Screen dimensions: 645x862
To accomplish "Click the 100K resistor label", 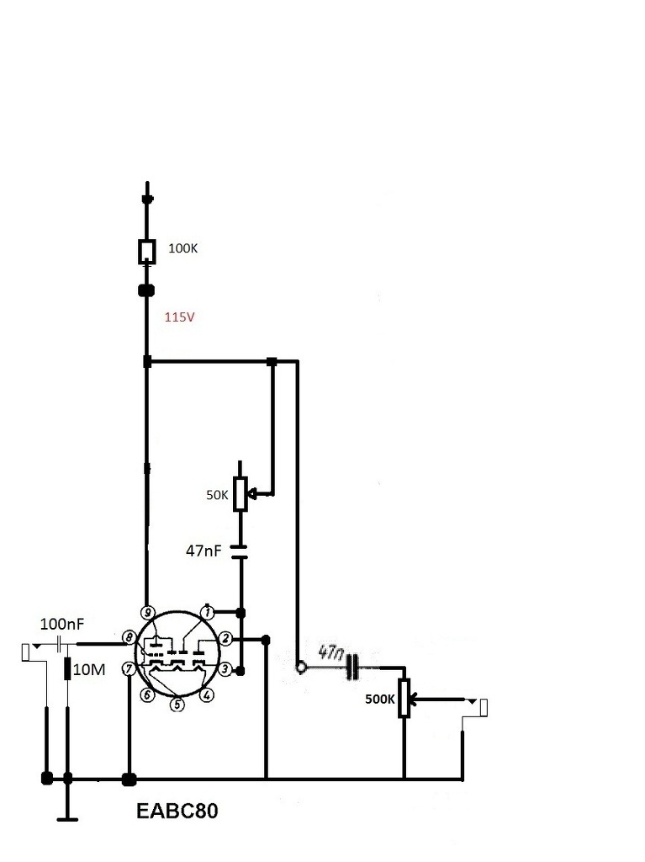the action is pos(182,248).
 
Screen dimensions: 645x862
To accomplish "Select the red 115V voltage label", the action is pos(180,317).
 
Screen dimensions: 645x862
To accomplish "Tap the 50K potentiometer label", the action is pos(217,495).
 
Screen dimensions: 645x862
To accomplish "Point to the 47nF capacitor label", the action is pos(204,551).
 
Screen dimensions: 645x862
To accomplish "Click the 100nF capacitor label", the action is pos(62,624).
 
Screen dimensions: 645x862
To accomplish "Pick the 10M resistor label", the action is pos(89,669).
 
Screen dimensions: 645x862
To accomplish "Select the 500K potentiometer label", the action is pos(379,700).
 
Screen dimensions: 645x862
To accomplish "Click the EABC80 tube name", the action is pos(177,811).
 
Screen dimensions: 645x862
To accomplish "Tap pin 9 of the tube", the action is pos(147,613).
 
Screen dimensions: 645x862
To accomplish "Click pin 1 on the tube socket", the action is pos(207,611).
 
